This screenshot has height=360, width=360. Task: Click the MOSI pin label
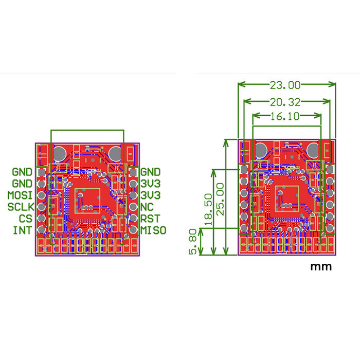pyautogui.click(x=20, y=195)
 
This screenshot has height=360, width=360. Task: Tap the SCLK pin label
pyautogui.click(x=21, y=207)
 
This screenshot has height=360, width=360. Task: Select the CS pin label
pyautogui.click(x=26, y=219)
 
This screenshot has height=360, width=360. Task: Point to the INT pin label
pyautogui.click(x=22, y=230)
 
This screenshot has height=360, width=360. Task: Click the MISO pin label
pyautogui.click(x=153, y=230)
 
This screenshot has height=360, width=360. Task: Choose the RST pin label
pyautogui.click(x=150, y=219)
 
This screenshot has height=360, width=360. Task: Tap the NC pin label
pyautogui.click(x=147, y=207)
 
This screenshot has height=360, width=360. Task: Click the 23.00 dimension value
pyautogui.click(x=285, y=85)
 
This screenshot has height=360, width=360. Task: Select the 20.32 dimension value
pyautogui.click(x=285, y=102)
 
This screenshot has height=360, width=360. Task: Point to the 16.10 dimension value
pyautogui.click(x=285, y=116)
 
